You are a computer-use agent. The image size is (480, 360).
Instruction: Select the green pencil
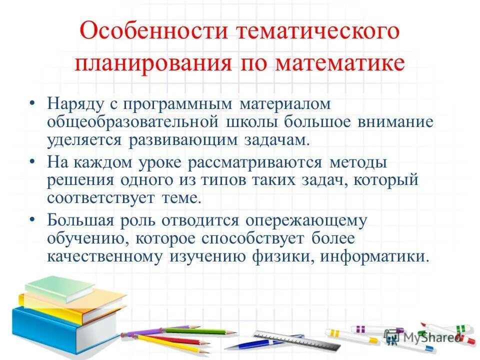tap(200, 330)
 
